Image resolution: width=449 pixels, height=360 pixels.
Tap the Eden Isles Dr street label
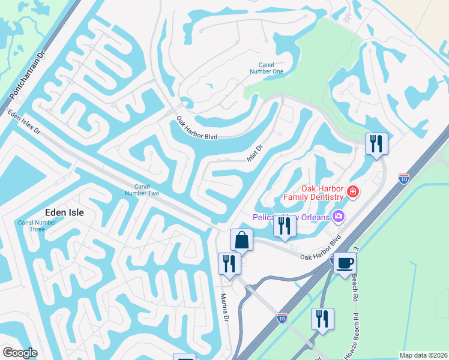pyautogui.click(x=23, y=122)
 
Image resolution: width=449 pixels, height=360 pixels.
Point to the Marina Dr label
pyautogui.click(x=224, y=310)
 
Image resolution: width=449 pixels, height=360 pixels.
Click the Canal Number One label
pyautogui.click(x=270, y=68)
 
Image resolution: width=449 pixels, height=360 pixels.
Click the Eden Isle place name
pyautogui.click(x=64, y=212)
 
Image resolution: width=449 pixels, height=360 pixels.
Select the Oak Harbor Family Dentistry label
pyautogui.click(x=313, y=192)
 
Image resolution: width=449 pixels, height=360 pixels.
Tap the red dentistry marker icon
pyautogui.click(x=354, y=192)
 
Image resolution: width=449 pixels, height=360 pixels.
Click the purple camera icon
pyautogui.click(x=339, y=215)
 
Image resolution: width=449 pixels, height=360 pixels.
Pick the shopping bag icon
pyautogui.click(x=241, y=239)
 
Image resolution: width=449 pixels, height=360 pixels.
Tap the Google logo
pyautogui.click(x=20, y=352)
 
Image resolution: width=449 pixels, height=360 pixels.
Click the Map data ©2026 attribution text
pyautogui.click(x=423, y=355)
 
